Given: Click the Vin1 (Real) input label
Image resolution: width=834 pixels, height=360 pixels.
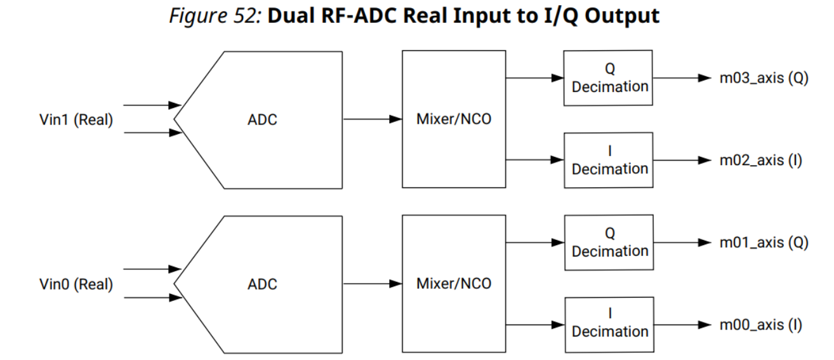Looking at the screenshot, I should click(x=76, y=121).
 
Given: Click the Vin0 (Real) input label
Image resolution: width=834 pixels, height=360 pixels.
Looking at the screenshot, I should click(x=76, y=284).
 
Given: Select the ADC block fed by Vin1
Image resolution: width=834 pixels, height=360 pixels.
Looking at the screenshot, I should click(x=261, y=120).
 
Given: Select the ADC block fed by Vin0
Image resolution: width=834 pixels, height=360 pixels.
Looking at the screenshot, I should click(x=261, y=284).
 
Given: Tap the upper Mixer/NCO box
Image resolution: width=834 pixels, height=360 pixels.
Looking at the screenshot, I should click(x=453, y=120).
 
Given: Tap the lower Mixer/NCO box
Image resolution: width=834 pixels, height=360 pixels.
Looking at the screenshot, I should click(x=453, y=284).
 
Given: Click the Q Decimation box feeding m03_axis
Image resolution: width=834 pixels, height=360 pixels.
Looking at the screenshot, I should click(x=609, y=78).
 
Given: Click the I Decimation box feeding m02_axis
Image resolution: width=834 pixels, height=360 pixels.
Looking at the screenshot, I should click(x=609, y=161).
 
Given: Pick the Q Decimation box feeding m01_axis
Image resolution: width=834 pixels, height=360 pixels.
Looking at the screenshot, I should click(x=609, y=243).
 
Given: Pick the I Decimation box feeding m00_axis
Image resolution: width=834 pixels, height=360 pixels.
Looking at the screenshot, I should click(x=609, y=324).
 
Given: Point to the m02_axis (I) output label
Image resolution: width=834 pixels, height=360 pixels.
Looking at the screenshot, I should click(x=760, y=161).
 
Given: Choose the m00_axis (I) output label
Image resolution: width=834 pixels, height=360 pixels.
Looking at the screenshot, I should click(x=760, y=324).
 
